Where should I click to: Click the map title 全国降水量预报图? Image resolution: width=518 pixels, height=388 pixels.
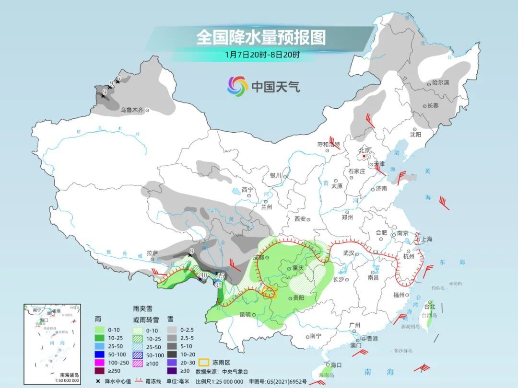[260, 37]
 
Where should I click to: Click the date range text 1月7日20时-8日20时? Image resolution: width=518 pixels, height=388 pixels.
[262, 55]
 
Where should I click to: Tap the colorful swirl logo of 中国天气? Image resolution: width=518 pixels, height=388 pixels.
[237, 86]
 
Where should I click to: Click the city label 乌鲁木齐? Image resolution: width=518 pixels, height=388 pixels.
[132, 110]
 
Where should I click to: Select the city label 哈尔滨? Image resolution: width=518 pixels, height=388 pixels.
[440, 83]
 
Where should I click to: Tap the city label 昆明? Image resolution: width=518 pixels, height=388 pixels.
[245, 315]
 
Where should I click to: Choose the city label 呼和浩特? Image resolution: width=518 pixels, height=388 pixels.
[329, 144]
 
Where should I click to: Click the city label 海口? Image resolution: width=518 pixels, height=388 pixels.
[336, 365]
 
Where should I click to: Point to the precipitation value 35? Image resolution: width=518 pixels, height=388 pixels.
[218, 285]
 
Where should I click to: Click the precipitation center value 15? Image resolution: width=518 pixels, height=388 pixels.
[221, 276]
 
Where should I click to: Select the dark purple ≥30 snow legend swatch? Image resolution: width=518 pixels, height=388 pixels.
[172, 370]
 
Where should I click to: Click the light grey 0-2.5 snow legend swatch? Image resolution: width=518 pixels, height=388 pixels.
[172, 330]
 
